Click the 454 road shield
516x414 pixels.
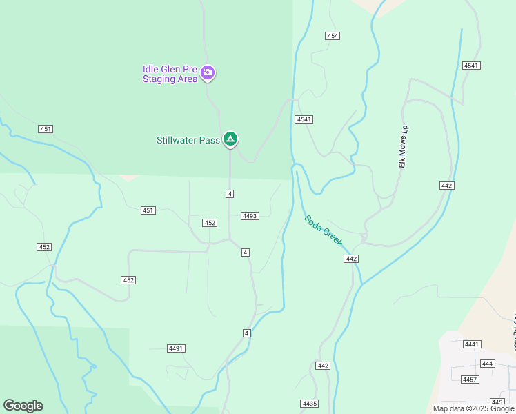tap(333, 36)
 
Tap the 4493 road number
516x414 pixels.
tap(250, 216)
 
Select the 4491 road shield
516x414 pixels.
tap(176, 348)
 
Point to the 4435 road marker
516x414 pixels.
tap(310, 403)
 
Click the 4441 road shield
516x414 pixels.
tap(472, 344)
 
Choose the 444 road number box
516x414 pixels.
tap(488, 363)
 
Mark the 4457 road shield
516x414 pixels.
tap(470, 379)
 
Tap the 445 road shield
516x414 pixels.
tap(497, 402)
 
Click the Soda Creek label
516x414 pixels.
tap(324, 230)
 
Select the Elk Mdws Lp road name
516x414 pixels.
tap(404, 146)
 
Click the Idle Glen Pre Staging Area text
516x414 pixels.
tap(170, 74)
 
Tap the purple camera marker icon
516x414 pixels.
tap(208, 72)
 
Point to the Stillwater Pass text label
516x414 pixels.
tap(188, 140)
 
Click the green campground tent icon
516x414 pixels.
tap(231, 139)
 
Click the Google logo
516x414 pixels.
tap(23, 406)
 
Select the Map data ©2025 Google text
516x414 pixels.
tap(473, 408)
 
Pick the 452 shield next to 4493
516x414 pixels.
tap(210, 223)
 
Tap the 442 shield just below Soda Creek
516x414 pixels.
tap(351, 258)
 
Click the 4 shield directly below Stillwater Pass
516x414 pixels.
tap(230, 194)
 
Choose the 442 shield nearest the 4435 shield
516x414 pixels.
tap(323, 366)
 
